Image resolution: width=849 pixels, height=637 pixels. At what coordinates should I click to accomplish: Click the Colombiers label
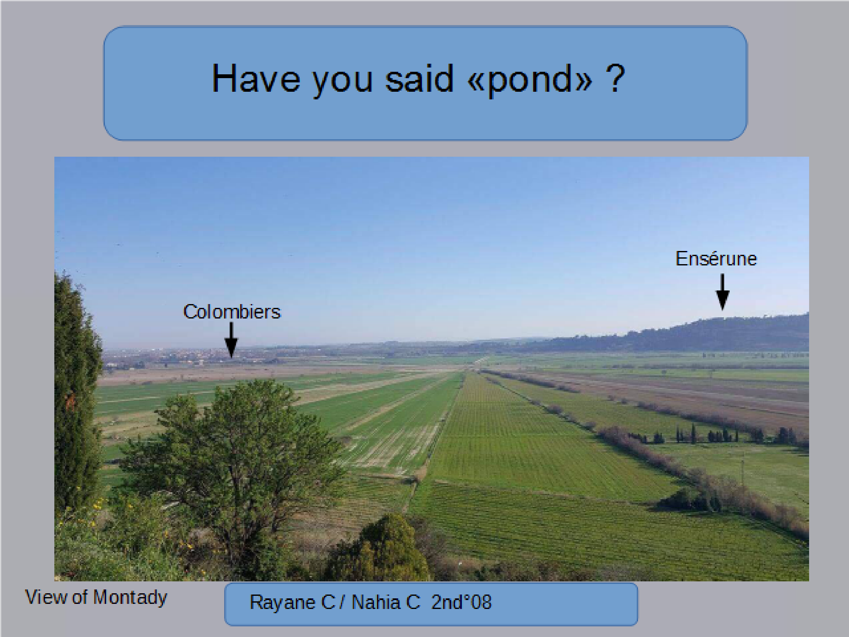232,312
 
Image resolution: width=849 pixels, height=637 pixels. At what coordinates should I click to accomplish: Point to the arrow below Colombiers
231,340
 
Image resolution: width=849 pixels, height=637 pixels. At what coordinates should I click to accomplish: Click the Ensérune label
716,259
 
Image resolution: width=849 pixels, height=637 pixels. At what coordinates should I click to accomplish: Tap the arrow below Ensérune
722,292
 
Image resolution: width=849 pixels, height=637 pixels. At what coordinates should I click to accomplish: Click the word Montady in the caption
130,598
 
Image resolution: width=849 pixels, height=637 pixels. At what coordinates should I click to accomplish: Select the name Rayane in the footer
283,602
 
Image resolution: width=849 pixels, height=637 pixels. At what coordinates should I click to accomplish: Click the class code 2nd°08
461,602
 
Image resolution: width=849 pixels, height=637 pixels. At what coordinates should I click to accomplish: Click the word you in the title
342,81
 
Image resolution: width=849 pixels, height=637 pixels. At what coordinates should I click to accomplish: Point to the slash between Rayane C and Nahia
342,602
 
